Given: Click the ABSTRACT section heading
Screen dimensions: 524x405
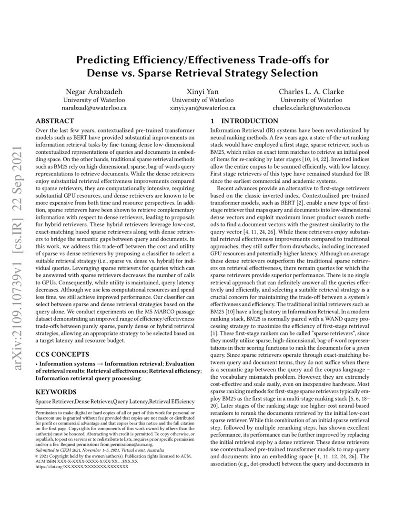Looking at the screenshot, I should [x=55, y=121].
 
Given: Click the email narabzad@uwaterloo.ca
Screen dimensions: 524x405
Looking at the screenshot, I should [x=94, y=108].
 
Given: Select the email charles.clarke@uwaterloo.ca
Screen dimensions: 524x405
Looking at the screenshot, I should [x=311, y=108].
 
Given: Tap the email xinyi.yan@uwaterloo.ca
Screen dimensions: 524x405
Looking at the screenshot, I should [x=202, y=108].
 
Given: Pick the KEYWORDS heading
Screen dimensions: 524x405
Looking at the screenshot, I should [x=56, y=392].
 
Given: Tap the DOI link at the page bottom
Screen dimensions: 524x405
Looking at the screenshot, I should [x=82, y=467].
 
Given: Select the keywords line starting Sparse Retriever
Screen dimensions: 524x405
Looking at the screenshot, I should [x=115, y=402].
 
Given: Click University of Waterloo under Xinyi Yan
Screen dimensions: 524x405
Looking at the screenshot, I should [x=202, y=100].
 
